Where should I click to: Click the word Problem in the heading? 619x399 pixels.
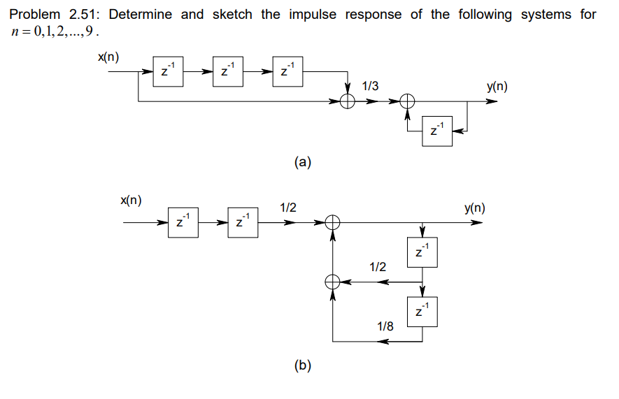click(36, 15)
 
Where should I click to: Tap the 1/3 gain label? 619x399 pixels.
click(371, 86)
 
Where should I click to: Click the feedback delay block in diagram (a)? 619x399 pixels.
click(437, 131)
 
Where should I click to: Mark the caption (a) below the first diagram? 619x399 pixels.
click(303, 163)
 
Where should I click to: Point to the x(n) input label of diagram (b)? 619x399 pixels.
click(131, 200)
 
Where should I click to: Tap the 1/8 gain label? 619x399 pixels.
click(385, 326)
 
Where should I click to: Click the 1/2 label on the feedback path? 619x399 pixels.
click(377, 266)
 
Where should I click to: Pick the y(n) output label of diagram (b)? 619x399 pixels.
click(475, 208)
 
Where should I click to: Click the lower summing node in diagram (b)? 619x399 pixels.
click(333, 282)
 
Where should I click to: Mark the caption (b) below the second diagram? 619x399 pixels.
click(303, 365)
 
